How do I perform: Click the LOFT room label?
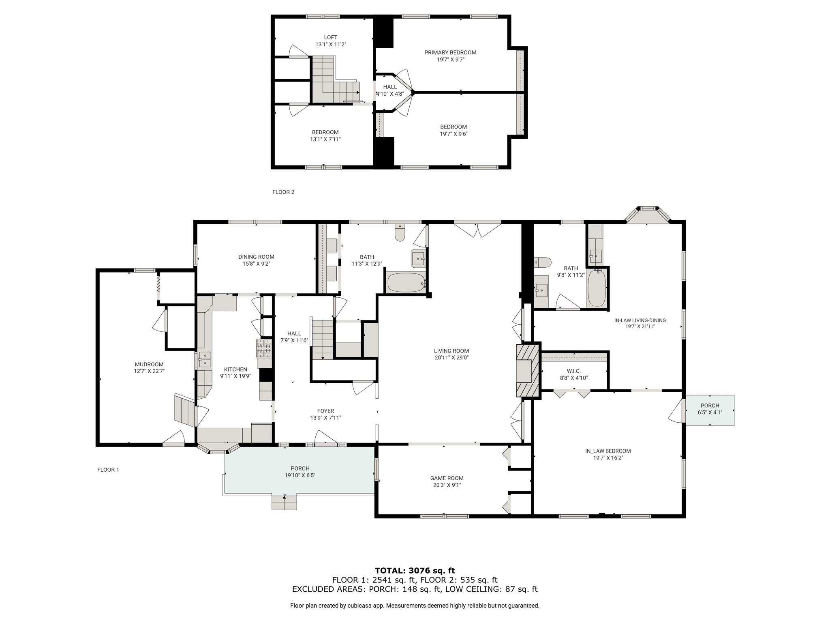[330, 37]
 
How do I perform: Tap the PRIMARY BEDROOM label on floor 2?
[450, 52]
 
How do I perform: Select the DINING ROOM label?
[256, 257]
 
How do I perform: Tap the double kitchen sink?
[205, 359]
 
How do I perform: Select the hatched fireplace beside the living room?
[528, 371]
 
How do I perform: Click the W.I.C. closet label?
[573, 371]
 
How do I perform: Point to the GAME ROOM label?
[447, 478]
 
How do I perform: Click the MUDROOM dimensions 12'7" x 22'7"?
[149, 371]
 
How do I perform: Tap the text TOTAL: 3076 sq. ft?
[415, 571]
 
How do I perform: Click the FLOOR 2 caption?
[283, 192]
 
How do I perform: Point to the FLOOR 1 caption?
[108, 470]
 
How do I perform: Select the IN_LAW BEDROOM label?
[608, 451]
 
